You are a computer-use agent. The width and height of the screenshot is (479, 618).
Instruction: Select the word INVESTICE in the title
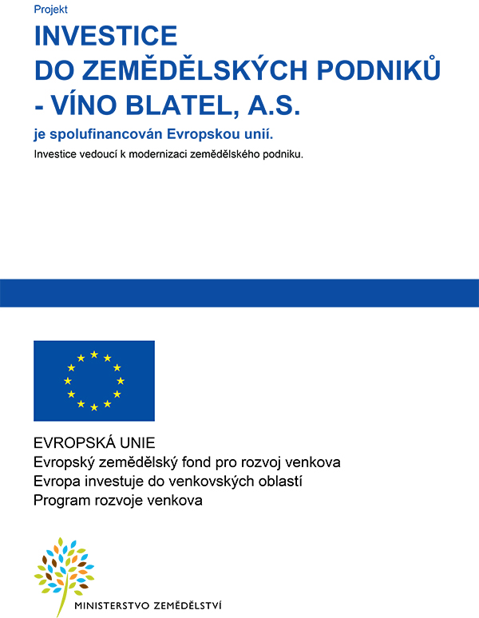[105, 36]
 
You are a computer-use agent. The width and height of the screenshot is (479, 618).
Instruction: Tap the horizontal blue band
[239, 293]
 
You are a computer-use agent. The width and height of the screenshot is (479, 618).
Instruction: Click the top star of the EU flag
[94, 354]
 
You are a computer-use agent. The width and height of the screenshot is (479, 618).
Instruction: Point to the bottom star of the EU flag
[94, 407]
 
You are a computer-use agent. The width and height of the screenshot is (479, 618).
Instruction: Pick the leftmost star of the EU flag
[67, 381]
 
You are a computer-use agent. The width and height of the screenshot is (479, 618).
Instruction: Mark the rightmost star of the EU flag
[121, 381]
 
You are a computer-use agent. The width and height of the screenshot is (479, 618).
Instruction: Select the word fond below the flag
[205, 462]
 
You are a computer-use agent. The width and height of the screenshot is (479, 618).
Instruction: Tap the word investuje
[109, 481]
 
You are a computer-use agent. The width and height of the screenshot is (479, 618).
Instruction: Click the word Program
[61, 501]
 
